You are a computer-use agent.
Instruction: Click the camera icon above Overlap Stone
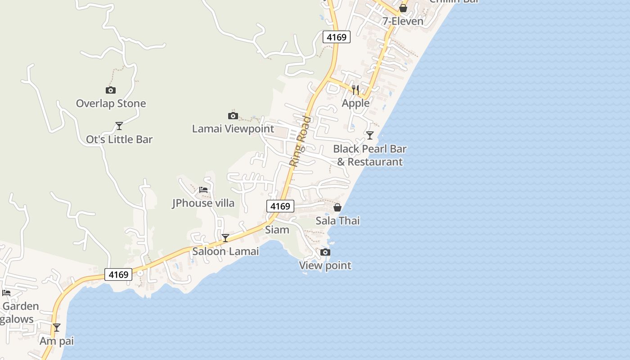click(110, 90)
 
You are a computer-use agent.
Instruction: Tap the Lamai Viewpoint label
click(233, 129)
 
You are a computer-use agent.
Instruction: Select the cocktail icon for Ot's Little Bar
click(119, 126)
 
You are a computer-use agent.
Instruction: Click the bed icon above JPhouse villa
click(203, 189)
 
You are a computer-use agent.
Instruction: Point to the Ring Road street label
click(301, 141)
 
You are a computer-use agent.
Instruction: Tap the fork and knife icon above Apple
click(355, 90)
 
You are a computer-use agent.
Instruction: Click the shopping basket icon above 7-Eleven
click(403, 8)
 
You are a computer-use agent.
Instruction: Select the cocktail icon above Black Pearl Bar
click(369, 135)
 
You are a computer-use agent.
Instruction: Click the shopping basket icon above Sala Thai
click(337, 207)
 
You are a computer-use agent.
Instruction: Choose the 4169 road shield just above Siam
click(280, 206)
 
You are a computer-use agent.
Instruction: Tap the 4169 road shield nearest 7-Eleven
click(337, 37)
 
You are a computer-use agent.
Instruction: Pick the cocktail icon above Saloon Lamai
click(225, 238)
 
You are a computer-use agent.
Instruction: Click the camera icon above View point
click(325, 252)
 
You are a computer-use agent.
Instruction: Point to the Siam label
click(277, 229)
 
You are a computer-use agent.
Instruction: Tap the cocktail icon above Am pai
click(56, 327)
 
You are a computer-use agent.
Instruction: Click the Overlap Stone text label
click(111, 103)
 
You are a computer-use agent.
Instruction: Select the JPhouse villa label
click(203, 203)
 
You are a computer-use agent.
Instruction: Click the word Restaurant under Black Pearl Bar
click(375, 162)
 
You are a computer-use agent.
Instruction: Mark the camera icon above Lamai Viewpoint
click(233, 116)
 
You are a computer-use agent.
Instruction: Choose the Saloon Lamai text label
click(225, 251)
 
